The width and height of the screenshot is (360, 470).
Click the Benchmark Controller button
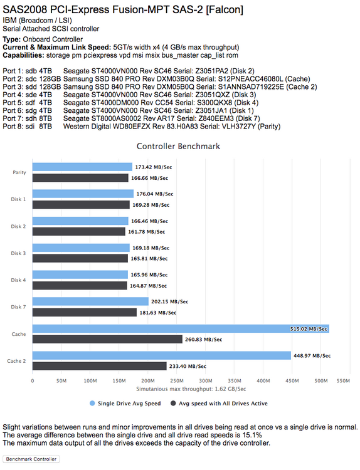(x=31, y=459)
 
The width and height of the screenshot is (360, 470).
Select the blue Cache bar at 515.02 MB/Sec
(x=181, y=328)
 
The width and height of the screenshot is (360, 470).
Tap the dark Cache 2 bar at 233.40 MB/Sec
(x=99, y=366)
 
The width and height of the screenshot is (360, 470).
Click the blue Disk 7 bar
(x=90, y=301)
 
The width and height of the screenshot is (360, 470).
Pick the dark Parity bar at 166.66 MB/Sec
(x=80, y=178)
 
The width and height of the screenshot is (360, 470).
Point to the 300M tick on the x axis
(x=206, y=380)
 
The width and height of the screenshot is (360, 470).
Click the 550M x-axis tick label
(x=343, y=380)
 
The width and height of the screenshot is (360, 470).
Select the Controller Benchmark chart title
(x=178, y=146)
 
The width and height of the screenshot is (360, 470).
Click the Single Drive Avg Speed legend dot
(x=92, y=403)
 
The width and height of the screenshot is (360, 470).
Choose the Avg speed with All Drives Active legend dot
(x=173, y=403)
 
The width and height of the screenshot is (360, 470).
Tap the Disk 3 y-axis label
(x=18, y=253)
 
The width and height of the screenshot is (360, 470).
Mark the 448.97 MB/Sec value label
(x=312, y=355)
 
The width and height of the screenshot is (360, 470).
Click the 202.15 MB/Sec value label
(x=170, y=301)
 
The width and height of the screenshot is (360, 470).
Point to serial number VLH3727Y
(x=239, y=127)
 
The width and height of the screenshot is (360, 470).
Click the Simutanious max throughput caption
(x=191, y=389)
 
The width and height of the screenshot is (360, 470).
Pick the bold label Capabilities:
(x=23, y=55)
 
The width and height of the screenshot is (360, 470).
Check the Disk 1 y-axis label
(x=18, y=199)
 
